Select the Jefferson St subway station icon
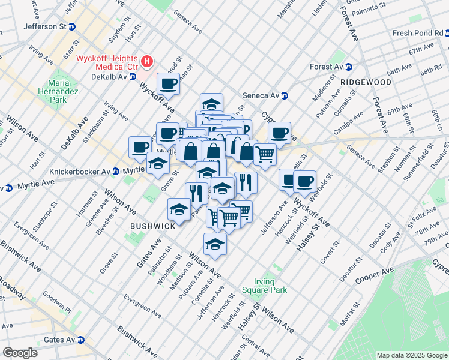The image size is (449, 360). pyautogui.click(x=72, y=26)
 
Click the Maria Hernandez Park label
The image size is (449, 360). pyautogui.click(x=58, y=91)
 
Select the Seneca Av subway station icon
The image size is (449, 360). pyautogui.click(x=285, y=95)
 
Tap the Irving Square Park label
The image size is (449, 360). pyautogui.click(x=264, y=286)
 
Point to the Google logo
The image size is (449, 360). pyautogui.click(x=20, y=353)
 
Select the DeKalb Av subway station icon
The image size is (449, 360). pyautogui.click(x=133, y=77)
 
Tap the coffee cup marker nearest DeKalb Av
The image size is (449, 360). pyautogui.click(x=168, y=83)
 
